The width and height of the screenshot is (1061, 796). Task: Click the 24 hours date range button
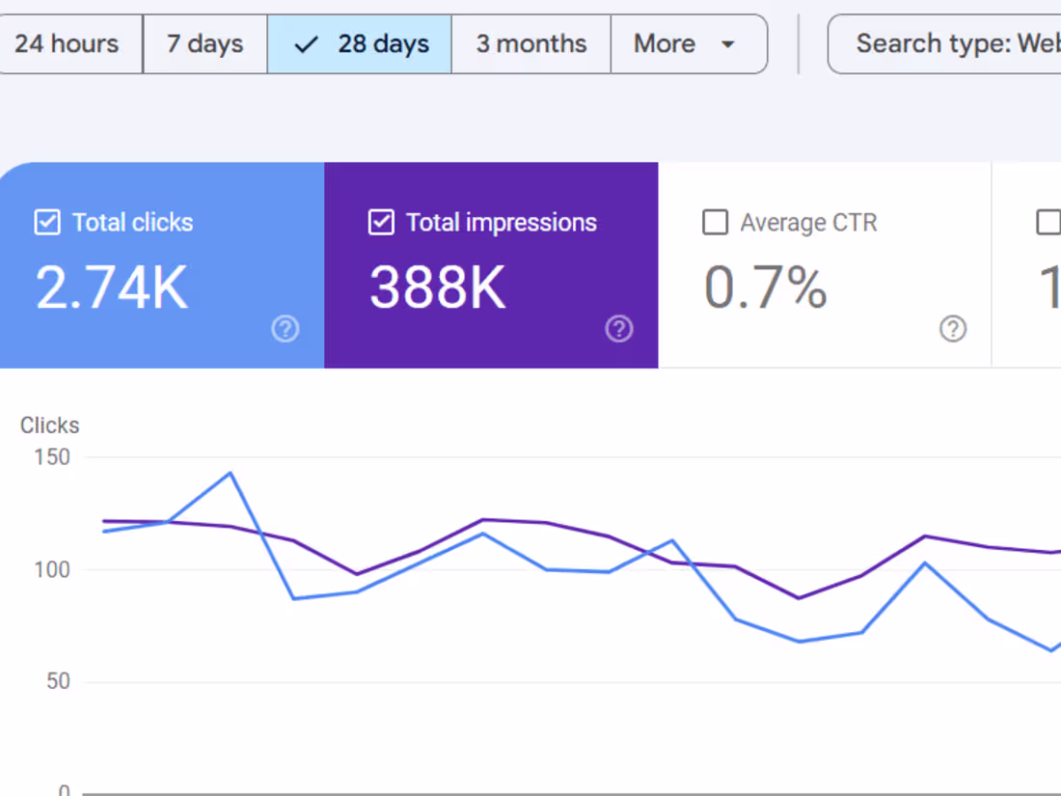pyautogui.click(x=68, y=43)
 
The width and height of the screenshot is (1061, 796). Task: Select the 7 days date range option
pyautogui.click(x=204, y=43)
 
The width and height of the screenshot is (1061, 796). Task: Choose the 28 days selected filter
pyautogui.click(x=360, y=43)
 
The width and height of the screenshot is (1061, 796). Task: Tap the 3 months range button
pyautogui.click(x=530, y=43)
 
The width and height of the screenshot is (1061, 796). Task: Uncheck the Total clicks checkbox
pyautogui.click(x=47, y=223)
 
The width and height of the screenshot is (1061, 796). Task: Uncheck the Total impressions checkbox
pyautogui.click(x=381, y=223)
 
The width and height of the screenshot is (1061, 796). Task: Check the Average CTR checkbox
pyautogui.click(x=715, y=223)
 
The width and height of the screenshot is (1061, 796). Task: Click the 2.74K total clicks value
pyautogui.click(x=112, y=288)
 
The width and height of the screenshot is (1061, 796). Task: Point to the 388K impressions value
pyautogui.click(x=438, y=288)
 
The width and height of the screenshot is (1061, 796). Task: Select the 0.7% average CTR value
pyautogui.click(x=765, y=288)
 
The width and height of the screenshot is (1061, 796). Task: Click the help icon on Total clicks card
pyautogui.click(x=285, y=329)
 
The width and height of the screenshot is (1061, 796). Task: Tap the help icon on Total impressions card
pyautogui.click(x=618, y=329)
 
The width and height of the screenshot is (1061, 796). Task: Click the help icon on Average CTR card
pyautogui.click(x=952, y=329)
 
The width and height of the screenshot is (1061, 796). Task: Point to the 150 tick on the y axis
pyautogui.click(x=51, y=457)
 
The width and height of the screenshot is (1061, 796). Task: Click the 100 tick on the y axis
pyautogui.click(x=51, y=569)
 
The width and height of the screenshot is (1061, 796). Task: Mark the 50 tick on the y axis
pyautogui.click(x=58, y=681)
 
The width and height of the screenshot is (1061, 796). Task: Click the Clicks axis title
pyautogui.click(x=50, y=425)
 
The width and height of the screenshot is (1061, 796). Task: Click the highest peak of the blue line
pyautogui.click(x=231, y=473)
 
